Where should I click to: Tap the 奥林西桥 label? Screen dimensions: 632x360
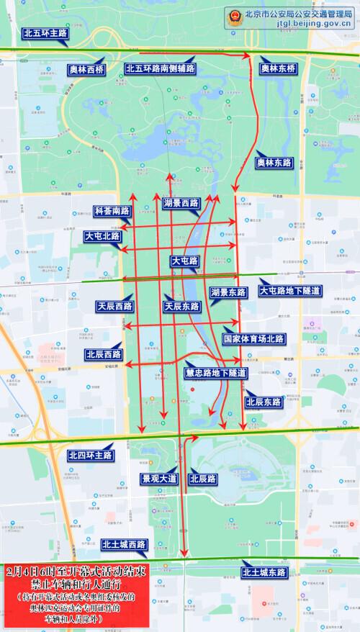[x=86, y=68]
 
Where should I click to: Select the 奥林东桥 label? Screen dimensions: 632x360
[x=278, y=68]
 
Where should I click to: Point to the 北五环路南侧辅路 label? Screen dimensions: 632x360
[x=160, y=68]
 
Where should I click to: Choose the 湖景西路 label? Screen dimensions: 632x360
[x=180, y=203]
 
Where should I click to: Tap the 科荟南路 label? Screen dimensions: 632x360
[x=112, y=212]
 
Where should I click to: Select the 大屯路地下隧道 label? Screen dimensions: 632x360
[x=289, y=290]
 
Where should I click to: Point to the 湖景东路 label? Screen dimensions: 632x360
[x=229, y=292]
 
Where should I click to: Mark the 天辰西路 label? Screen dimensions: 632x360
[x=114, y=306]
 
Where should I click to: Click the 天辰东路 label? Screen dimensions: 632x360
[x=181, y=306]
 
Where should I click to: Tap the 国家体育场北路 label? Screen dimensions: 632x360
[x=253, y=338]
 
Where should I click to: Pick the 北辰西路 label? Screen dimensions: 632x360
[x=103, y=354]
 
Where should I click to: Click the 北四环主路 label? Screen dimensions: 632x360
[x=90, y=455]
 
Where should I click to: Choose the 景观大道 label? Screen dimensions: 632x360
[x=158, y=478]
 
